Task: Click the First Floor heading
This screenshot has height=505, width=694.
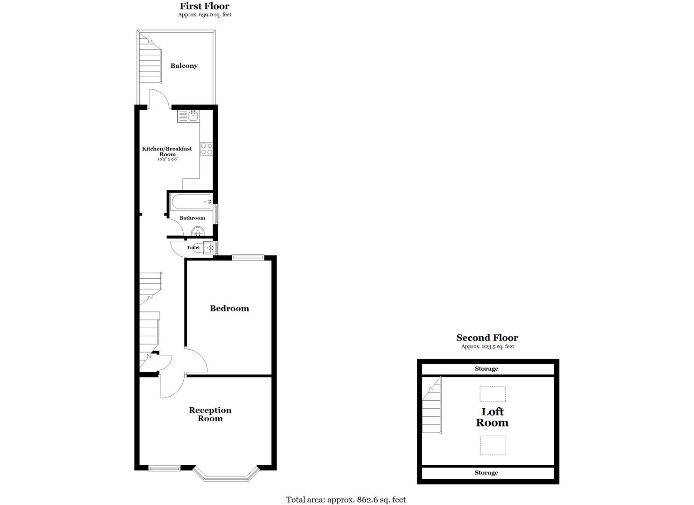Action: click(205, 7)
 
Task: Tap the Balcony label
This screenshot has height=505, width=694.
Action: click(184, 66)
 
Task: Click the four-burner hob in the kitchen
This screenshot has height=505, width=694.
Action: click(206, 149)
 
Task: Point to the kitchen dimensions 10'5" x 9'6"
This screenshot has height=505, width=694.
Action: click(168, 159)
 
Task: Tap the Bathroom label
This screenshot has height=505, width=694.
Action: click(192, 218)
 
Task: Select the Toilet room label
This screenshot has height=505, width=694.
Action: click(193, 247)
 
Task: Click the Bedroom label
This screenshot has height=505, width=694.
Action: click(229, 309)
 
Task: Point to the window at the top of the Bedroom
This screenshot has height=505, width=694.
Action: click(248, 257)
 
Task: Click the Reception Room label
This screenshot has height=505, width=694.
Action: click(210, 414)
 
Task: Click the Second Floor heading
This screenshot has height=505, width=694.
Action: click(487, 338)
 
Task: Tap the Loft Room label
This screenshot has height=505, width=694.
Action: click(492, 417)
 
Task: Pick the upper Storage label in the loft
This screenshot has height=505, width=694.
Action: click(486, 369)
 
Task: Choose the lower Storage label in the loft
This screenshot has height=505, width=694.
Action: click(486, 473)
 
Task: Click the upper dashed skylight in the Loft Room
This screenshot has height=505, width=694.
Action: click(492, 394)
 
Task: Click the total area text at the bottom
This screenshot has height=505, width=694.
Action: click(346, 500)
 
